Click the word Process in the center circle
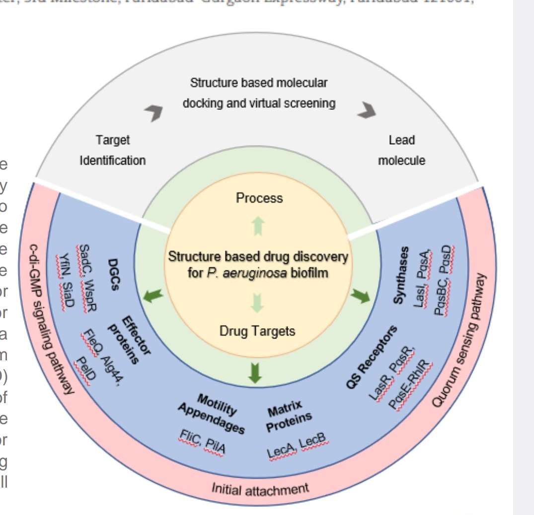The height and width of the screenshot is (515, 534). [x=259, y=198]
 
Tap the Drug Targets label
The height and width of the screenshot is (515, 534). [x=257, y=331]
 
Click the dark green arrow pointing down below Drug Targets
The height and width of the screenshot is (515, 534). [x=255, y=373]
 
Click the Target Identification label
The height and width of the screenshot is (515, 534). [x=113, y=150]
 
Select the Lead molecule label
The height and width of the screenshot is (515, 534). [x=401, y=150]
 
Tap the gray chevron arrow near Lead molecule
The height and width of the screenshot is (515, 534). [x=368, y=110]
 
